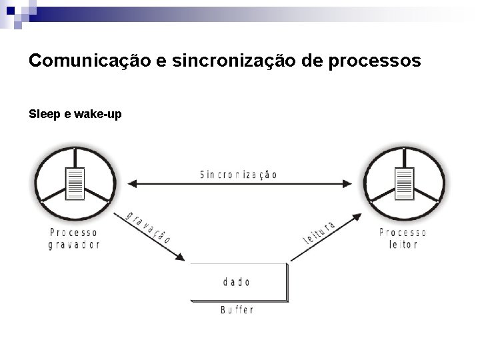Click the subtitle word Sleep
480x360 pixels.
[43, 114]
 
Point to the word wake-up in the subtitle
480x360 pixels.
[97, 114]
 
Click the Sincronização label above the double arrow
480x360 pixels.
[238, 175]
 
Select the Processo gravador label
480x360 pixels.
[75, 238]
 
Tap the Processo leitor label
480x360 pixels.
[403, 238]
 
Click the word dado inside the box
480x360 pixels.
[236, 282]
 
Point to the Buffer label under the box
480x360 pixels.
[237, 310]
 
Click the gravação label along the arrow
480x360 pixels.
[144, 227]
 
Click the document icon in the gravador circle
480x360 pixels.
[75, 184]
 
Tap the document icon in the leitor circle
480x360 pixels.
[403, 184]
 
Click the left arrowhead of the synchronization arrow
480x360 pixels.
[131, 183]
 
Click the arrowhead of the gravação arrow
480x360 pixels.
[179, 257]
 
